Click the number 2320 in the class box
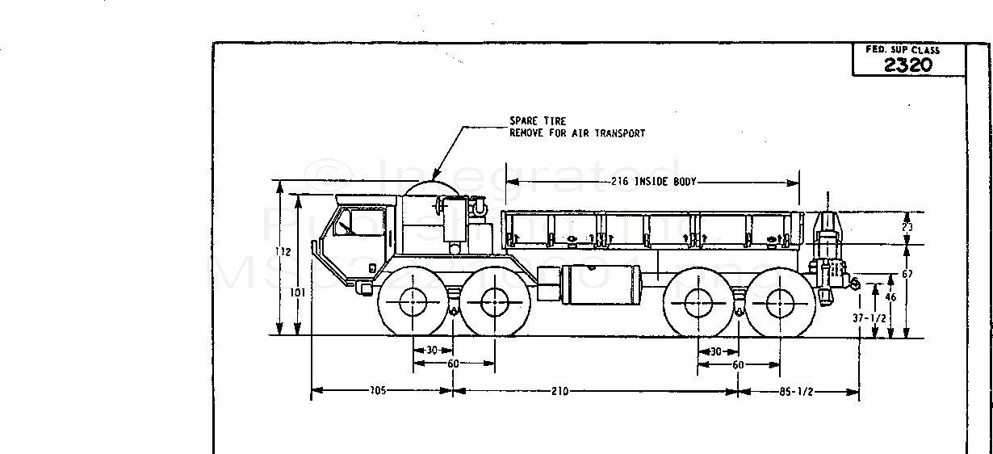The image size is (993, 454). tap(908, 65)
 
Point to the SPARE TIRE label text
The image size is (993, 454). tap(537, 121)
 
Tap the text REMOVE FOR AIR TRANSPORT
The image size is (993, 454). tap(576, 133)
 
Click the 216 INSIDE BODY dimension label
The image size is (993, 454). tap(653, 182)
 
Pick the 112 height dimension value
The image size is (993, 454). tap(282, 252)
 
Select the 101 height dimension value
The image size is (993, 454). tap(298, 292)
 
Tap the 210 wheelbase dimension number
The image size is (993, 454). tap(559, 392)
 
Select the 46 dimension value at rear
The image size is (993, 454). tap(890, 298)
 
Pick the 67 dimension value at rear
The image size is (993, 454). tap(907, 275)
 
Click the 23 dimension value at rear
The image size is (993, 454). tap(907, 229)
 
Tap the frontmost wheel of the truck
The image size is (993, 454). tap(413, 305)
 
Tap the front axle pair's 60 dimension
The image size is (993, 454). tap(453, 364)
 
